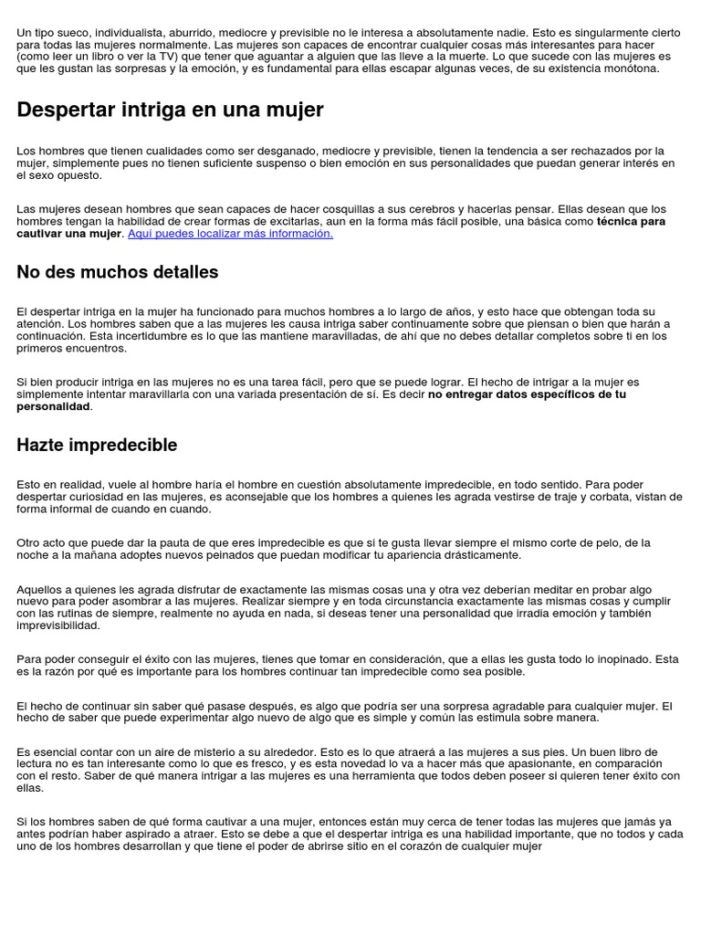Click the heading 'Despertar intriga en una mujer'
(170, 110)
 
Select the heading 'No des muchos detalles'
(118, 271)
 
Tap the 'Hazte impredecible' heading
(97, 445)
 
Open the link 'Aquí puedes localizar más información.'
(231, 234)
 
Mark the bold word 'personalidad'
(53, 406)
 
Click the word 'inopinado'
(602, 659)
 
